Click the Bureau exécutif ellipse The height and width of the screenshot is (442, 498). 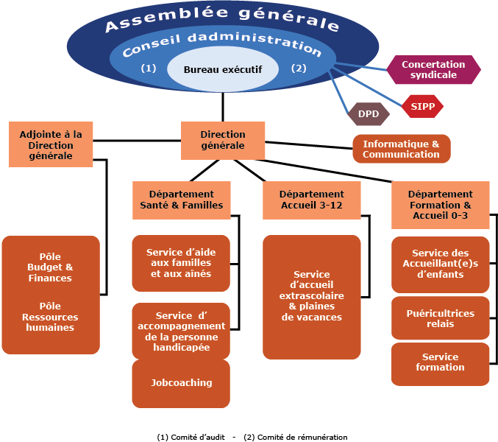click(x=223, y=69)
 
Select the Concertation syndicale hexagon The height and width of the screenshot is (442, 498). click(x=433, y=70)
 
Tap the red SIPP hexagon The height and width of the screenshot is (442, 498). click(x=423, y=107)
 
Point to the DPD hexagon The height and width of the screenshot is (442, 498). click(x=368, y=114)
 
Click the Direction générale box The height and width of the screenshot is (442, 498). click(x=223, y=140)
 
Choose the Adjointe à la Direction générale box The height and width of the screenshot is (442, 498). click(x=51, y=144)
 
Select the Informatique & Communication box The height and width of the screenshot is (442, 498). click(x=401, y=149)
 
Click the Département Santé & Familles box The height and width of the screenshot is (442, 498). click(x=181, y=200)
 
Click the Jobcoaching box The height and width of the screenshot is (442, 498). click(x=181, y=383)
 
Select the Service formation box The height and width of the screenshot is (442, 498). click(x=440, y=362)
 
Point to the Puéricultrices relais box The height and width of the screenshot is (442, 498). click(x=440, y=318)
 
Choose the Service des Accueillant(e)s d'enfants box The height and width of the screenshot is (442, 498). click(x=440, y=264)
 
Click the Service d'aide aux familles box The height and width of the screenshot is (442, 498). click(x=181, y=263)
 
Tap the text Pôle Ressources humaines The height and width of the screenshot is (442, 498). click(x=51, y=317)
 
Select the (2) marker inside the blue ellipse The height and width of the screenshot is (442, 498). click(x=298, y=69)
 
